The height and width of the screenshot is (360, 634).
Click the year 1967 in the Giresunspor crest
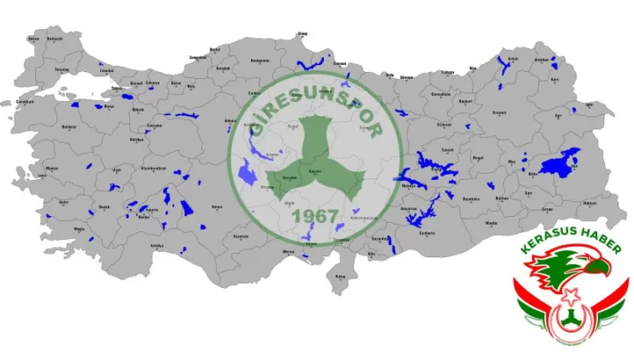click(x=315, y=216)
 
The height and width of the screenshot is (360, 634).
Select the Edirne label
click(x=33, y=39)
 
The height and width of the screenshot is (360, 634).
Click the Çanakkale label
click(x=24, y=102)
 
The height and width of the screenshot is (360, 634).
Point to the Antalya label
click(x=157, y=245)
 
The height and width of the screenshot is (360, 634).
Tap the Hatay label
click(x=340, y=276)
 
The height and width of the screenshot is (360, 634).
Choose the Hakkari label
click(x=589, y=203)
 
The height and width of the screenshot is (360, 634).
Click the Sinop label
click(x=302, y=34)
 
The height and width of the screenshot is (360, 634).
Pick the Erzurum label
click(x=499, y=111)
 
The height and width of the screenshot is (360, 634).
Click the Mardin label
click(x=492, y=222)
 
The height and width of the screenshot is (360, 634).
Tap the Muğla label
click(x=79, y=229)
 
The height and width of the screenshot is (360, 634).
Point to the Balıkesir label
click(x=69, y=127)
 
